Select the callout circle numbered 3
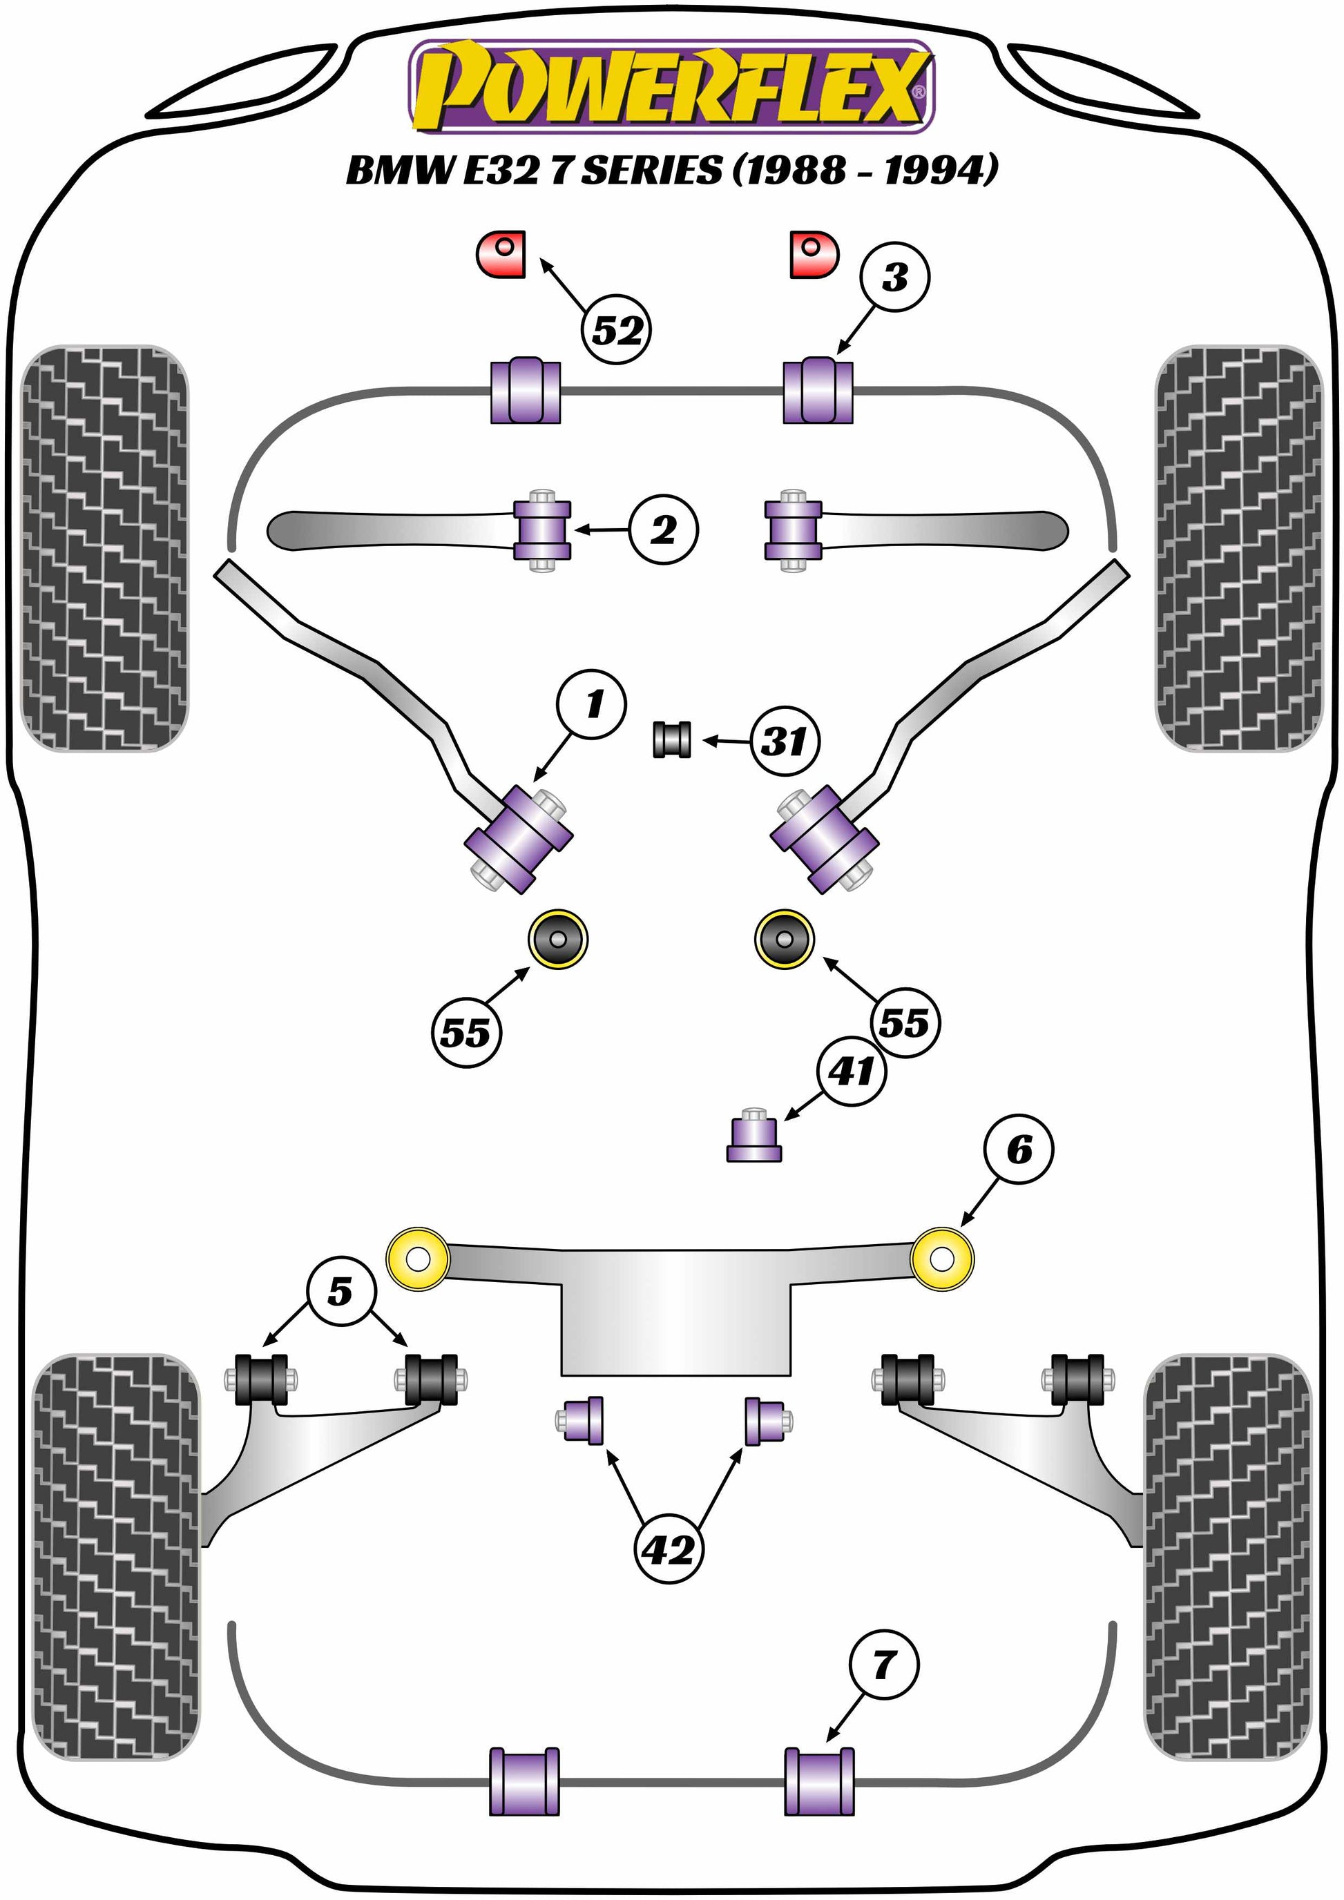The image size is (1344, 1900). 894,278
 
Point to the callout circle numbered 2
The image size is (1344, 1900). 663,530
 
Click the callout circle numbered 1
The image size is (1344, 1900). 593,705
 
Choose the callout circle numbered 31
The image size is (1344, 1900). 785,741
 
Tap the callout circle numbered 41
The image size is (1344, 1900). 852,1072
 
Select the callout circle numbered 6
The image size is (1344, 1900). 1019,1150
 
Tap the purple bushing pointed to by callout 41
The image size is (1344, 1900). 754,1136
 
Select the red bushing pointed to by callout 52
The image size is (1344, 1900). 501,254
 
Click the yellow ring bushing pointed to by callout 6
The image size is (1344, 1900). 942,1259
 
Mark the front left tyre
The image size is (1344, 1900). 104,547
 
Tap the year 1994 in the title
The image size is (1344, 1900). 939,171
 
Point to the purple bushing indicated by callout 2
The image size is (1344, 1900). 542,530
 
